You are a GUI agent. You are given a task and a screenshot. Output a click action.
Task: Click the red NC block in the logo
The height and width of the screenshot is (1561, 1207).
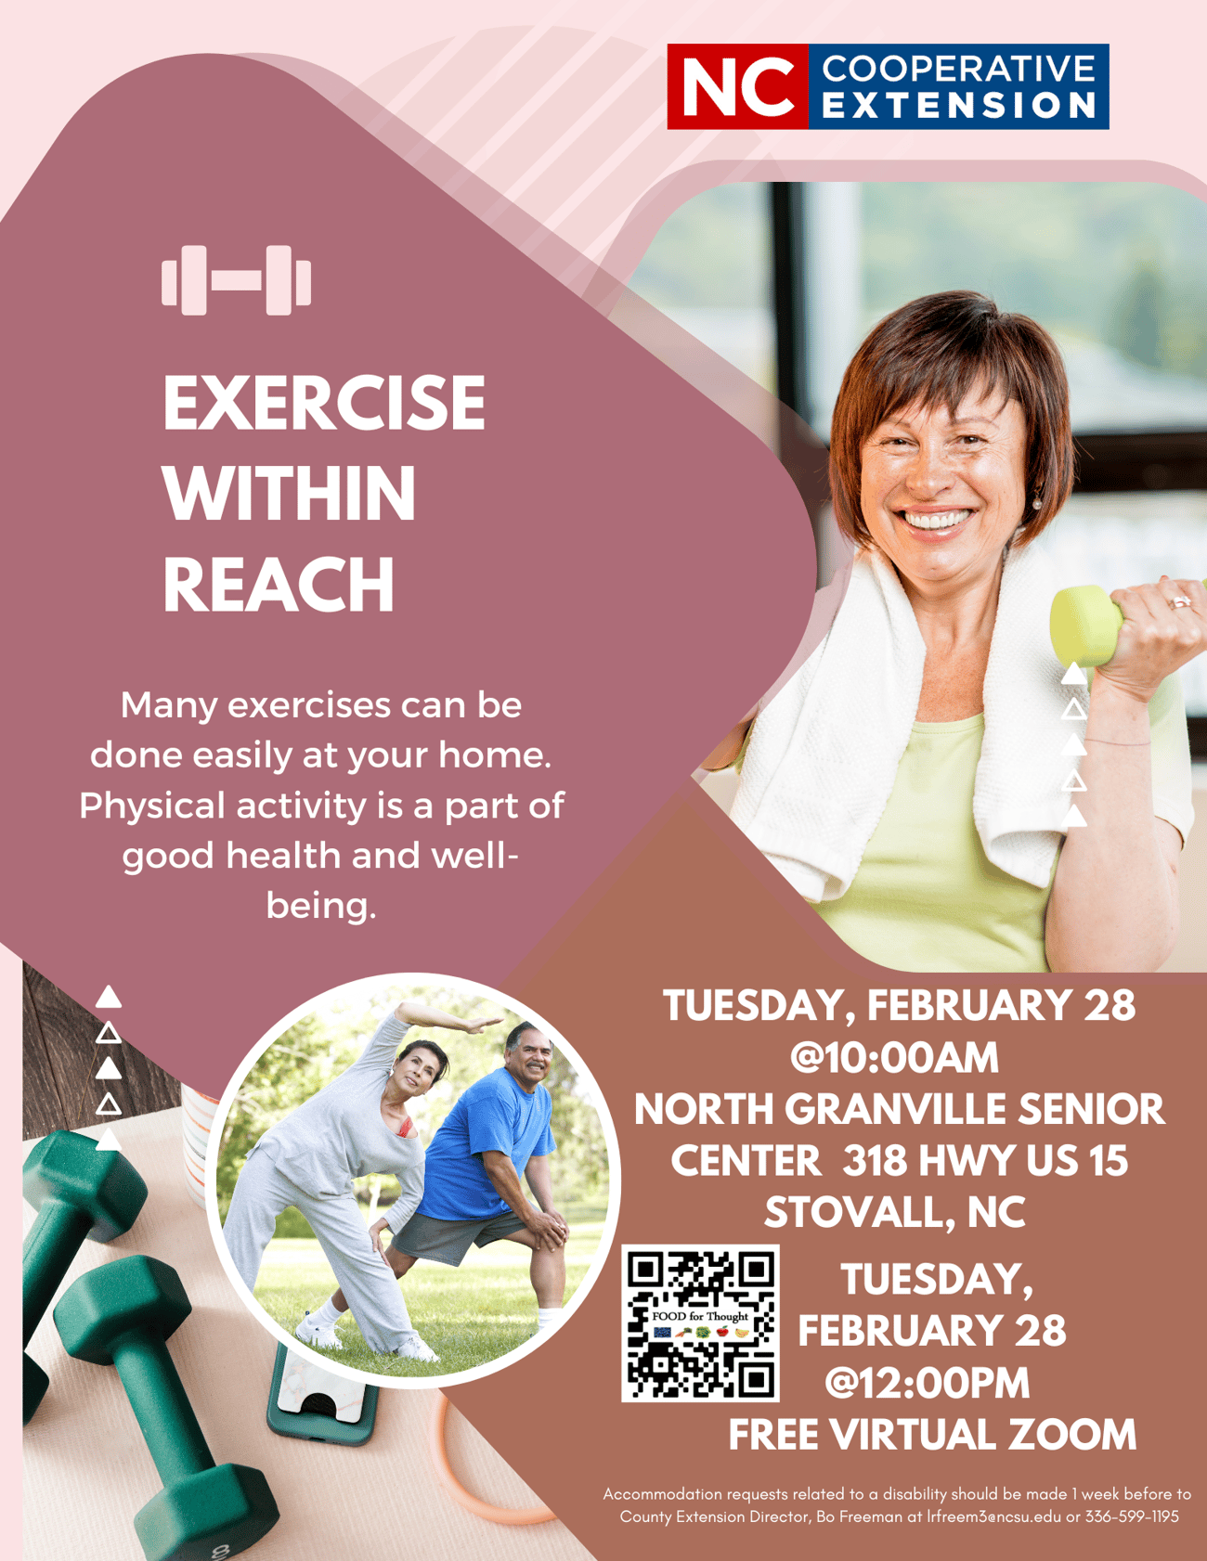[738, 86]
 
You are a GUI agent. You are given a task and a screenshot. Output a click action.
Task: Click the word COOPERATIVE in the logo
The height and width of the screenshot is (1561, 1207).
[959, 69]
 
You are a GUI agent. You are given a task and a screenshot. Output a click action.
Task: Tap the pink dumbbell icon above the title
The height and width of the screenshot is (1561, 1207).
[236, 280]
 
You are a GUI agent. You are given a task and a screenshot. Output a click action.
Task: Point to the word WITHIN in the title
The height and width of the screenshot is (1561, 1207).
[290, 493]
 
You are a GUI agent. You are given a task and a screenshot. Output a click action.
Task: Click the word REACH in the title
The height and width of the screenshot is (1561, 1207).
[279, 584]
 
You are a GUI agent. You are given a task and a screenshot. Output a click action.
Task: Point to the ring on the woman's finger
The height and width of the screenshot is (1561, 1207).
[1180, 602]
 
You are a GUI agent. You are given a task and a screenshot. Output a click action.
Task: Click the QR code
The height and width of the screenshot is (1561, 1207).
[700, 1322]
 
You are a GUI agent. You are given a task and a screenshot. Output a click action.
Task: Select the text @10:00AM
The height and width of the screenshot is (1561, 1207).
[894, 1058]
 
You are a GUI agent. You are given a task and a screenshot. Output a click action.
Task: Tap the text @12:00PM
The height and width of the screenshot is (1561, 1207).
[927, 1383]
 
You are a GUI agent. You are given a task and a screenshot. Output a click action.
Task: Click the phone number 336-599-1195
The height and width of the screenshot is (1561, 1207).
[1132, 1516]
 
